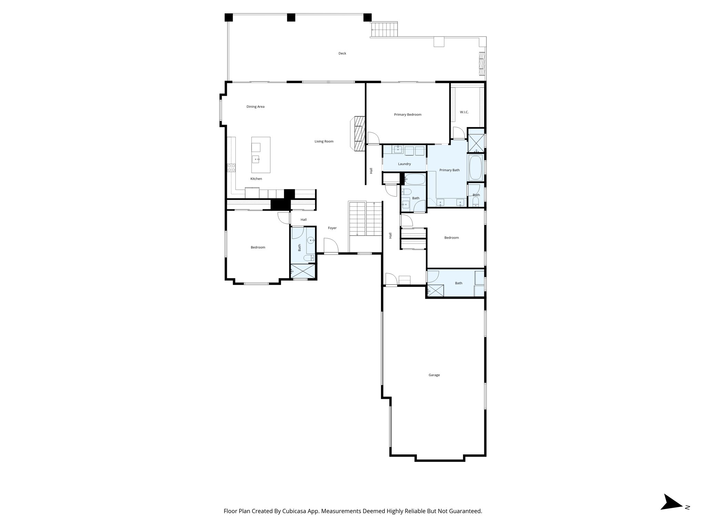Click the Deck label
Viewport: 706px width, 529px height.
pos(342,53)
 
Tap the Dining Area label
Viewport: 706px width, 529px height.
pos(255,107)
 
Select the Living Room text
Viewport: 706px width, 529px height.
pos(324,142)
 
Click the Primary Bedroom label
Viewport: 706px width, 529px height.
pos(407,115)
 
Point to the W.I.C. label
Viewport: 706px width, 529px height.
pos(464,112)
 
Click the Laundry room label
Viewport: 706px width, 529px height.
pos(404,164)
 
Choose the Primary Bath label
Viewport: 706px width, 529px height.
pos(449,170)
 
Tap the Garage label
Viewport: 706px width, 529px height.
pos(434,375)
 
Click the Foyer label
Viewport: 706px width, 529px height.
pos(332,228)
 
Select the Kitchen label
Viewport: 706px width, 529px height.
pos(256,179)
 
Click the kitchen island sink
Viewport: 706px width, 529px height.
pos(256,159)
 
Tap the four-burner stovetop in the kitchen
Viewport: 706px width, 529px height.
pos(231,168)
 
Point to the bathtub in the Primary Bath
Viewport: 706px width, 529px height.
pos(476,168)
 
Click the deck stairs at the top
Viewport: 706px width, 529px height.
pos(384,30)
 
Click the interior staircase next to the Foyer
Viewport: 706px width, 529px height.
pos(365,219)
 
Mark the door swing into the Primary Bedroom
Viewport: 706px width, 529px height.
pos(373,138)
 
